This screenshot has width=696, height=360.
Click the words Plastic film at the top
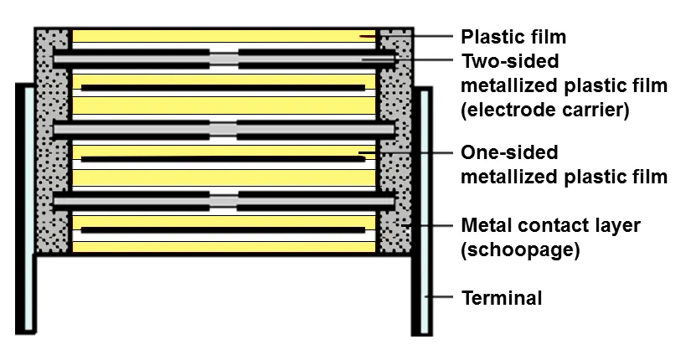coord(513,37)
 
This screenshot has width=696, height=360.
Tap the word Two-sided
coord(510,61)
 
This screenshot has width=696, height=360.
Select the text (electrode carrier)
coord(545,110)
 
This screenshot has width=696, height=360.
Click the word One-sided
coord(509,152)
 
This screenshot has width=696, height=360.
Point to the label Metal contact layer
coord(551,225)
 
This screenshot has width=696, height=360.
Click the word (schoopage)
coord(521,250)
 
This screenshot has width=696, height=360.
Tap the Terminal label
coord(502,298)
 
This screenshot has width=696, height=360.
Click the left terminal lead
coord(25,208)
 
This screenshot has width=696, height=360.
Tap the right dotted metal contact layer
coord(395,141)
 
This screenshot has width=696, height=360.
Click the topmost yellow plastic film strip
coord(224,36)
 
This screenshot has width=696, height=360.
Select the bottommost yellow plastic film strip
coord(224,247)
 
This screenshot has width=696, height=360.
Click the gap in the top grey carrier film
coord(224,59)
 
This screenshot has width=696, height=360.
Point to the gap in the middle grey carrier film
coord(224,130)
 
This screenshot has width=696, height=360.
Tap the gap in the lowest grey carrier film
coord(224,201)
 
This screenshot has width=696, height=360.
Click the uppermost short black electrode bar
coord(223,88)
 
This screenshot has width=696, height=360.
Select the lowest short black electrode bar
coord(223,230)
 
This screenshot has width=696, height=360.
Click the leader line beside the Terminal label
coord(439,296)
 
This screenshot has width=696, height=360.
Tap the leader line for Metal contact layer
coord(427,225)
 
